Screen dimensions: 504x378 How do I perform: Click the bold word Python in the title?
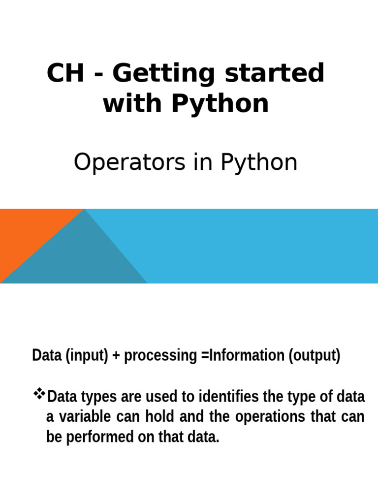(221, 104)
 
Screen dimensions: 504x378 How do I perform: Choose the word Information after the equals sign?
(241, 355)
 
